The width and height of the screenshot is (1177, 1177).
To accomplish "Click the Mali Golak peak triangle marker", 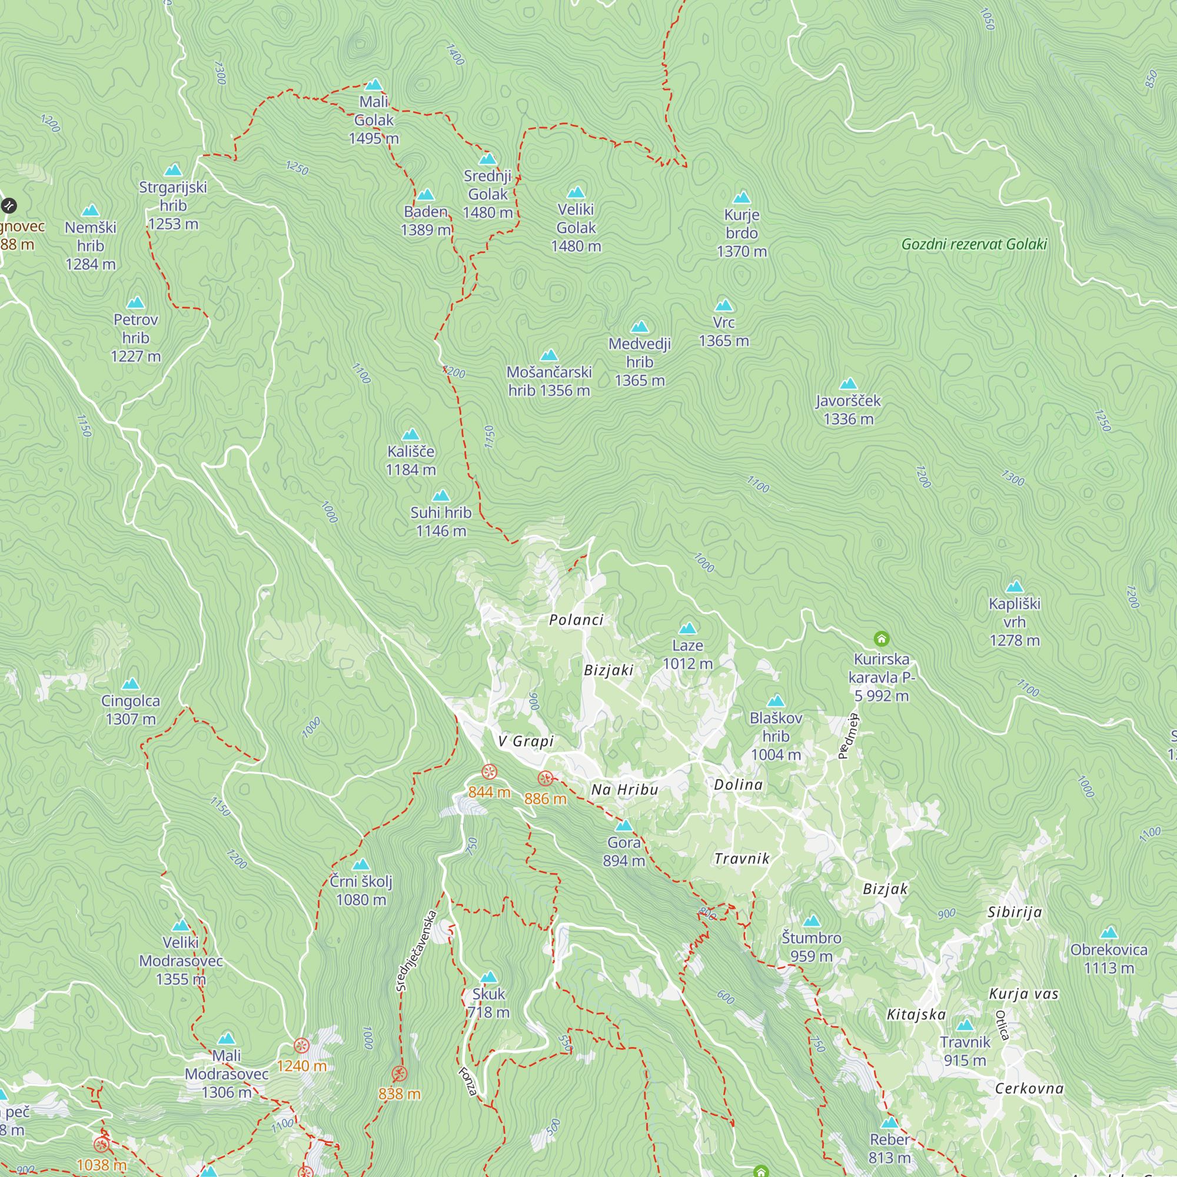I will tap(374, 85).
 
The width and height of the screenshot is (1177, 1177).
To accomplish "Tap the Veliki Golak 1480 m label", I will tap(576, 228).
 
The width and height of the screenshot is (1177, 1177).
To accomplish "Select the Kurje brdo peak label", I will tap(742, 232).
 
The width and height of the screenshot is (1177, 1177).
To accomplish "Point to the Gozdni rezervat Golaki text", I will tap(973, 244).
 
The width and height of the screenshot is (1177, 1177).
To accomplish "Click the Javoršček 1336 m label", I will tap(848, 410).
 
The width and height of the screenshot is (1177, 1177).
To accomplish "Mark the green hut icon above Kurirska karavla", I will tap(882, 639).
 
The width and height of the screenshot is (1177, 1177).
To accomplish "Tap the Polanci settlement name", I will tap(576, 620).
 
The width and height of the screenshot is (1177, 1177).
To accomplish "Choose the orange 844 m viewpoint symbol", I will tap(489, 773).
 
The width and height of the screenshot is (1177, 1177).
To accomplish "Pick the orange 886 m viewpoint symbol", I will tap(546, 779).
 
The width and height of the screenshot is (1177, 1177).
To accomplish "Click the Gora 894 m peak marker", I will tap(624, 826).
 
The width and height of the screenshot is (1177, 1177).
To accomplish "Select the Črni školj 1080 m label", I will tap(361, 890).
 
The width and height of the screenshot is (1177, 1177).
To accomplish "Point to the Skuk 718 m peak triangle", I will tap(488, 977).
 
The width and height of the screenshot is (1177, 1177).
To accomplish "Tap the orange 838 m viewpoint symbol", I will tap(399, 1073).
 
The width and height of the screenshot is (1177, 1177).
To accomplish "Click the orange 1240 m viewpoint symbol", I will tap(301, 1046).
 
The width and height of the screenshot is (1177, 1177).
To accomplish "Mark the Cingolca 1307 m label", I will tap(131, 710).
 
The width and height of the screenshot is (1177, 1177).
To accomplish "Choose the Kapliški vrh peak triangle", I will tap(1015, 587).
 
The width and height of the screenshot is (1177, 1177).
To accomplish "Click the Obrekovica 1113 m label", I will tap(1109, 959).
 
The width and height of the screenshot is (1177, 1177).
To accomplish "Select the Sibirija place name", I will tap(1015, 912).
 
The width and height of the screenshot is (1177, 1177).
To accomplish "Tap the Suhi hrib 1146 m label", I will tap(440, 521).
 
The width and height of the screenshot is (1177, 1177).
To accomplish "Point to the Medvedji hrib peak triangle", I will tap(639, 327).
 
